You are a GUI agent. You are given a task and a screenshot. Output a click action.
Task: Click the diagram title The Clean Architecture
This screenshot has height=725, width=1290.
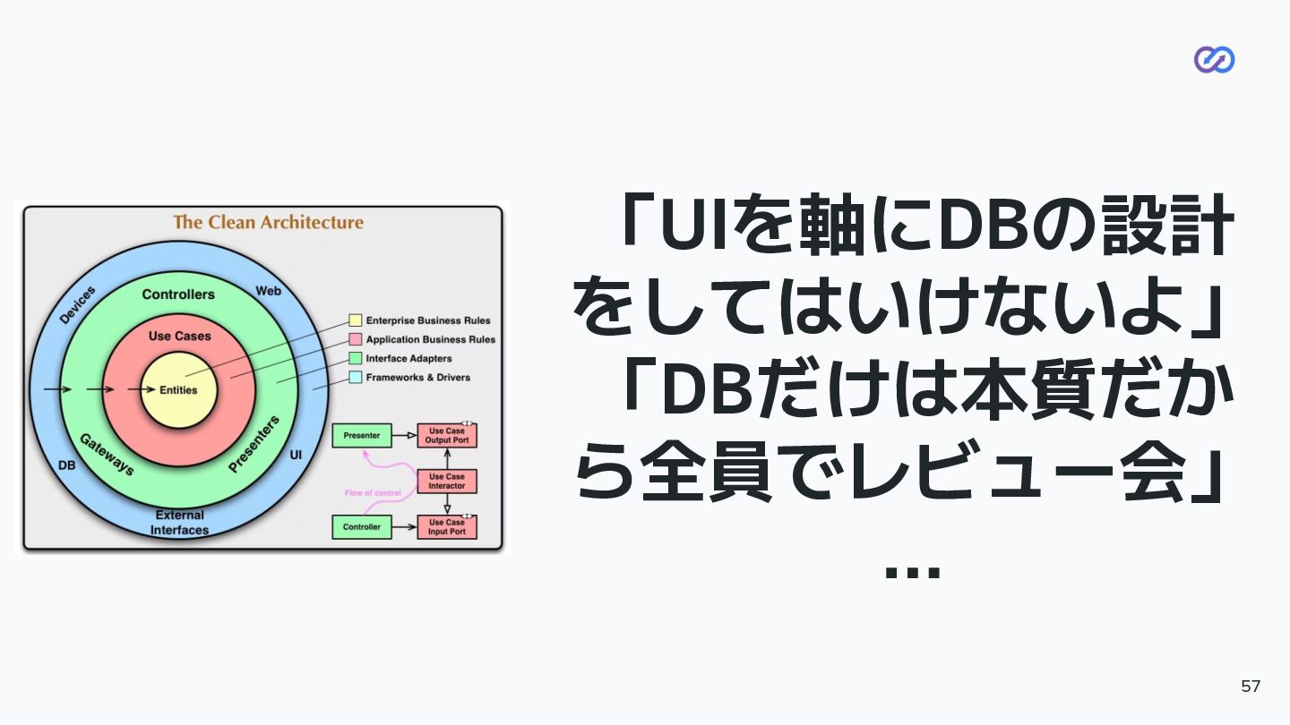268,222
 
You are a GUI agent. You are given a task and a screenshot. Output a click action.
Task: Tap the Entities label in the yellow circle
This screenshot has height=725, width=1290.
178,390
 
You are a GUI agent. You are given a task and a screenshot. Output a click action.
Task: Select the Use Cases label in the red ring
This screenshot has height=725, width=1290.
179,336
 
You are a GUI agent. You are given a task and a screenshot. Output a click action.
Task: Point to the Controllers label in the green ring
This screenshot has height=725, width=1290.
178,294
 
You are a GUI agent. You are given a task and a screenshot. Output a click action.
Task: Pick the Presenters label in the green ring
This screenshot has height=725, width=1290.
254,443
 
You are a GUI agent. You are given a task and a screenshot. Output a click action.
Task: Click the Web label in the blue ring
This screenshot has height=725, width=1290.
268,291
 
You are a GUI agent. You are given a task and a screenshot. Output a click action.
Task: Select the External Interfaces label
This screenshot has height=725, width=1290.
179,523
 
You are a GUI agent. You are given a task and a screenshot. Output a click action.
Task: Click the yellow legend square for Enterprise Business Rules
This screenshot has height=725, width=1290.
356,320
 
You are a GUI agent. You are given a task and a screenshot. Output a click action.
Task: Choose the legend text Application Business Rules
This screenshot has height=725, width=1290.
430,340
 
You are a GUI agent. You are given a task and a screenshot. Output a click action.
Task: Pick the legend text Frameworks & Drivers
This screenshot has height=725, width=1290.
417,378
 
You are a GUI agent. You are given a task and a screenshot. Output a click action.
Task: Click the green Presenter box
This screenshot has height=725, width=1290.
362,436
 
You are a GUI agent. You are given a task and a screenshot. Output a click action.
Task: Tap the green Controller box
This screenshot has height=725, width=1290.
362,527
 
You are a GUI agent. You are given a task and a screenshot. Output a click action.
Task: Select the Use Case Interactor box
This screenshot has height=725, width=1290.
447,482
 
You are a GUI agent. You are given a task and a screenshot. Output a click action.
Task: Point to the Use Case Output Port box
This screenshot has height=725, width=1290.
447,436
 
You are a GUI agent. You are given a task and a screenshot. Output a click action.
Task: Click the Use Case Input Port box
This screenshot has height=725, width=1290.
447,527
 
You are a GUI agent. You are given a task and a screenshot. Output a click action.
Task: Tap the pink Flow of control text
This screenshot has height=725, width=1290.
373,493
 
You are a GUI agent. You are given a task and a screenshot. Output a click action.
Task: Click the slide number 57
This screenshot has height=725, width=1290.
1251,687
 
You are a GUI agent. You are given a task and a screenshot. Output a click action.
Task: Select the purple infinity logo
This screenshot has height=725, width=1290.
1214,60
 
